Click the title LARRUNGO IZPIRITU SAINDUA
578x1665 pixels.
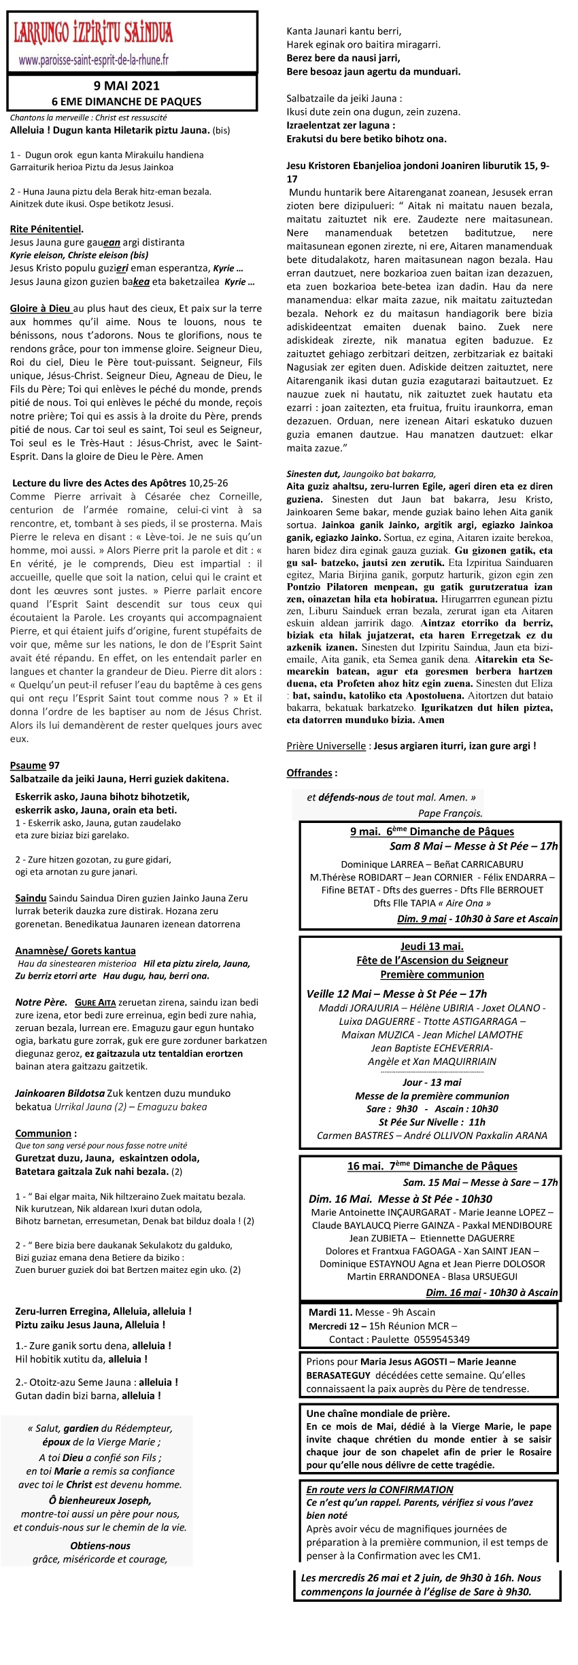coord(93,33)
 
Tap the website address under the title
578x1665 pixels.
coord(94,60)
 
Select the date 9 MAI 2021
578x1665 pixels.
coord(126,86)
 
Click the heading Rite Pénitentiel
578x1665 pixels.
coord(46,229)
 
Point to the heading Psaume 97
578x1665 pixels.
coord(35,765)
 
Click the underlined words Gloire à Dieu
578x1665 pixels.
coord(40,309)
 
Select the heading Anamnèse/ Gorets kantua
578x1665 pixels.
coord(75,951)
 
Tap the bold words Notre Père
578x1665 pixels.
coord(41,1002)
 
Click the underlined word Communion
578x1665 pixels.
coord(44,1133)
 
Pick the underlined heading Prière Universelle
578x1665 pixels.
coord(326,746)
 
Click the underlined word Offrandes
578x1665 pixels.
coord(309,773)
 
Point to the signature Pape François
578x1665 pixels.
coord(450,813)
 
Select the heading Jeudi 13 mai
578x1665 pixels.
coord(432,946)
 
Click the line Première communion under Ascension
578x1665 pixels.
coord(432,975)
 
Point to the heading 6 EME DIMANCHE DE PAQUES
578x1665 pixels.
coord(126,101)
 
